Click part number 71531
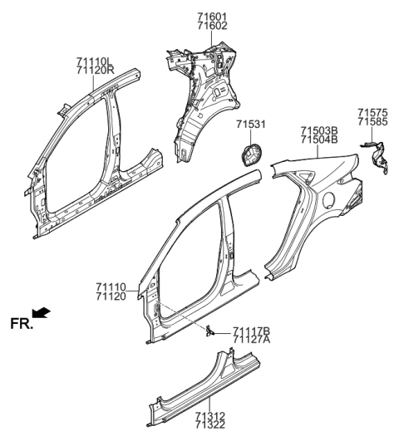[x=251, y=125]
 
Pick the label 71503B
[x=320, y=130]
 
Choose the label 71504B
[x=320, y=140]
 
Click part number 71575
[x=372, y=111]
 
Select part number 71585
[x=372, y=121]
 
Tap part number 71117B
[x=252, y=331]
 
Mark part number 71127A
[x=252, y=340]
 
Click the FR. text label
[x=22, y=321]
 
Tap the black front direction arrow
[x=42, y=313]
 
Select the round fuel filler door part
[x=249, y=156]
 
